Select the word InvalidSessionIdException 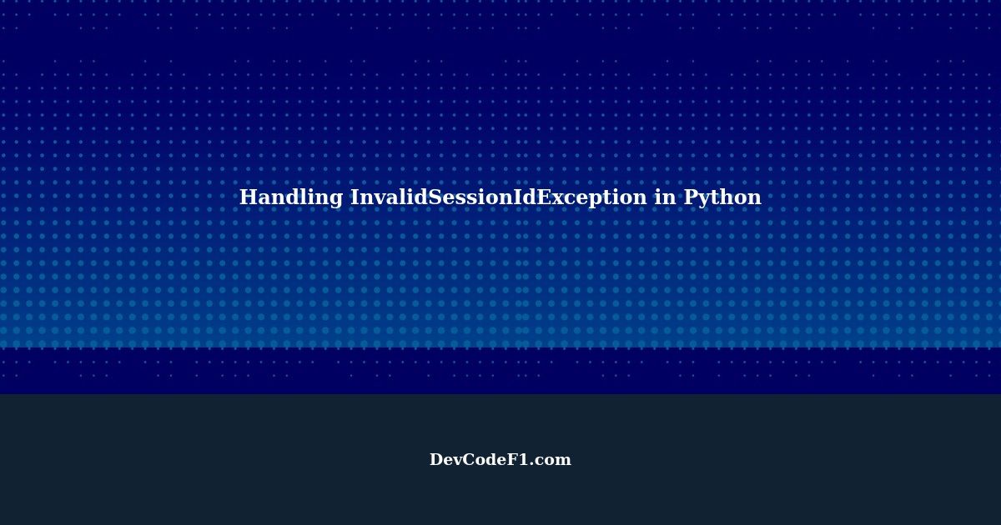(x=498, y=198)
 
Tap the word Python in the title (x=722, y=198)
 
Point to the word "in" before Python (x=665, y=198)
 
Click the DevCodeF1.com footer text (x=500, y=460)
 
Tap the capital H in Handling (x=248, y=198)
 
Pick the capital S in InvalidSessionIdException (x=436, y=198)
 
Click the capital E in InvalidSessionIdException (x=544, y=198)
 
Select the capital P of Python (x=690, y=198)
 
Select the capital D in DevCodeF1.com (x=436, y=460)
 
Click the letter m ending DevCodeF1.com (x=563, y=462)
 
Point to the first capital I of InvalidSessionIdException (x=355, y=198)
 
